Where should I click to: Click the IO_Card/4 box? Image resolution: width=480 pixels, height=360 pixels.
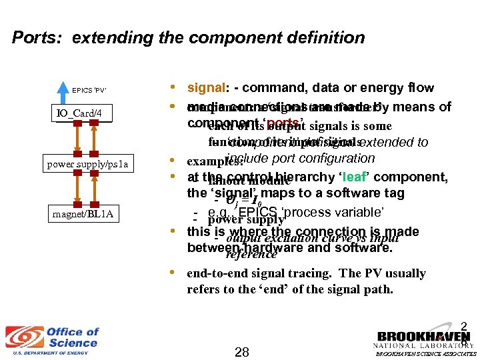[x=79, y=114]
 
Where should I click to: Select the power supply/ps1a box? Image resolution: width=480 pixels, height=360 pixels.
[x=79, y=163]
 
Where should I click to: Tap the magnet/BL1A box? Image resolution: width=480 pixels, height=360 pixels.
[x=79, y=214]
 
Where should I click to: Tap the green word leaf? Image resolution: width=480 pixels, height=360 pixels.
[x=353, y=177]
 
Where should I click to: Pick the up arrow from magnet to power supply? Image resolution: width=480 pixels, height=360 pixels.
[x=95, y=188]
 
